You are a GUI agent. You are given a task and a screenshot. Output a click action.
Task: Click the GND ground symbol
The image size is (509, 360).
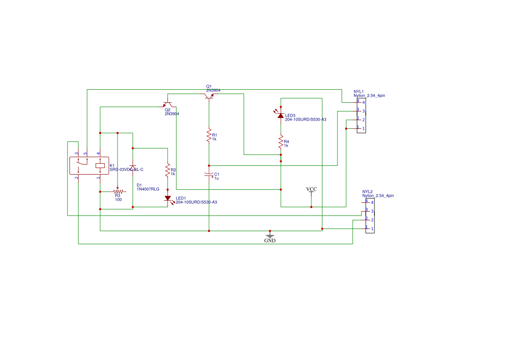click(270, 236)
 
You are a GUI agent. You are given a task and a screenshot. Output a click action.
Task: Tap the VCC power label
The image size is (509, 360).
click(311, 190)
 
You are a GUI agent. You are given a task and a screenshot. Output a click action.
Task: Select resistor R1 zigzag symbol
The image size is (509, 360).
click(209, 135)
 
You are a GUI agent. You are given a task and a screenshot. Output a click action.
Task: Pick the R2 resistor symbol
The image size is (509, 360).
click(167, 170)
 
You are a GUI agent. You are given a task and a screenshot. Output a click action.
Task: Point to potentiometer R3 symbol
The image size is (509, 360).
click(117, 192)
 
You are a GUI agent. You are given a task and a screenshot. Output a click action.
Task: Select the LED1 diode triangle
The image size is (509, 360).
click(168, 199)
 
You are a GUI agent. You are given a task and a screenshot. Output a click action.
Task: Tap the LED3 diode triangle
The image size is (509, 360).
click(281, 115)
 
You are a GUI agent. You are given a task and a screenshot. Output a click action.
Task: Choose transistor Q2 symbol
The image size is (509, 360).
click(168, 105)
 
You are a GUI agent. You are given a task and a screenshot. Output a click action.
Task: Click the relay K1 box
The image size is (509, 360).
click(89, 165)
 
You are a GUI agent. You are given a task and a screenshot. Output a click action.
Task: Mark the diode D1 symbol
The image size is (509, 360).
click(133, 168)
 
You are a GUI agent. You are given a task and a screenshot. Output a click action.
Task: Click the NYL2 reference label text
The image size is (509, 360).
click(367, 192)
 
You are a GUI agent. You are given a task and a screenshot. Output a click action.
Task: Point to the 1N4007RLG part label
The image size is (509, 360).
click(148, 189)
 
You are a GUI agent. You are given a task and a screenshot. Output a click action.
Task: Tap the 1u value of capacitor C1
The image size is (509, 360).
click(216, 178)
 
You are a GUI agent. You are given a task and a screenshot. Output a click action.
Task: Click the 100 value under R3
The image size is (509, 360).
click(118, 200)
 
